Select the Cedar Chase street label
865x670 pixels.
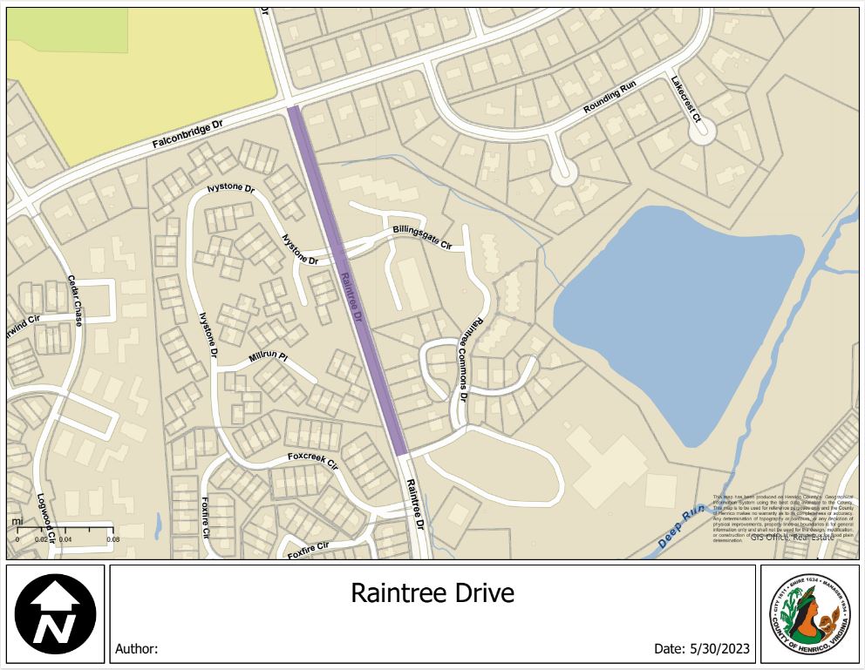pyautogui.click(x=75, y=301)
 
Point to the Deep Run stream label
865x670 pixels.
pyautogui.click(x=680, y=527)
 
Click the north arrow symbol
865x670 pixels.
pyautogui.click(x=55, y=613)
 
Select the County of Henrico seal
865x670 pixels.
pyautogui.click(x=808, y=613)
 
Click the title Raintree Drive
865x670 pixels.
pyautogui.click(x=432, y=593)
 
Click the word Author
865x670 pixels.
pyautogui.click(x=136, y=649)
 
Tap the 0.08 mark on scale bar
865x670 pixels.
pyautogui.click(x=112, y=540)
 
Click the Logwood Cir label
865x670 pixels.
pyautogui.click(x=44, y=520)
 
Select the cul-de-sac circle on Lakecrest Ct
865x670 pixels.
pyautogui.click(x=700, y=131)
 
